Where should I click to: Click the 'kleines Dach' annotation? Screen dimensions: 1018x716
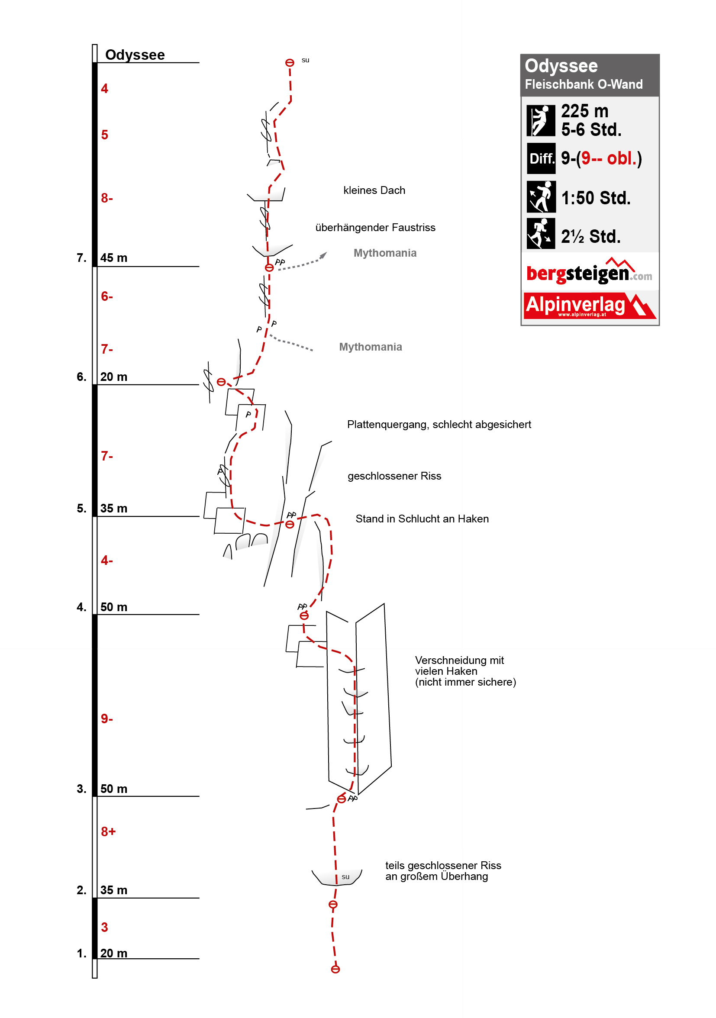click(374, 190)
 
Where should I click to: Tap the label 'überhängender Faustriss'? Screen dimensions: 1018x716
click(375, 228)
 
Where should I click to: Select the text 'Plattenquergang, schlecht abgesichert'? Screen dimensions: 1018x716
click(439, 424)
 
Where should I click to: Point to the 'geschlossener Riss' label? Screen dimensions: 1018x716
click(394, 476)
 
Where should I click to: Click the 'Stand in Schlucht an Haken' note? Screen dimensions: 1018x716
click(422, 519)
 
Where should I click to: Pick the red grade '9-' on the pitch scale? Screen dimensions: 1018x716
click(106, 719)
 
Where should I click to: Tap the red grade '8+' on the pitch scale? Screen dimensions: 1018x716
click(108, 832)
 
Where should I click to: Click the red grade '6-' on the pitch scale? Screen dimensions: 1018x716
click(106, 296)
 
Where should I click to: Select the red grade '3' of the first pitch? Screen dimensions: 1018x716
click(104, 927)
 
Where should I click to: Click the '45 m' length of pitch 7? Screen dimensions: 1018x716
click(113, 258)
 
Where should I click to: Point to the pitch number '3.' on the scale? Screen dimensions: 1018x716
click(81, 789)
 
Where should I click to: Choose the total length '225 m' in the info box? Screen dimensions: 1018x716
click(584, 111)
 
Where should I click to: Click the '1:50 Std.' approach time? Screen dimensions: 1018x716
click(595, 198)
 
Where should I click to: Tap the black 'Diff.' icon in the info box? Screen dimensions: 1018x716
click(541, 158)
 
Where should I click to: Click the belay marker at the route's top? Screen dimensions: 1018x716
click(290, 63)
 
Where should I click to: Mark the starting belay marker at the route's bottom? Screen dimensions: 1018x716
click(335, 969)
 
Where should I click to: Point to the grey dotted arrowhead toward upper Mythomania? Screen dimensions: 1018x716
click(324, 255)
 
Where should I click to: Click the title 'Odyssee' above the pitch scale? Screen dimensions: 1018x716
click(135, 55)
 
